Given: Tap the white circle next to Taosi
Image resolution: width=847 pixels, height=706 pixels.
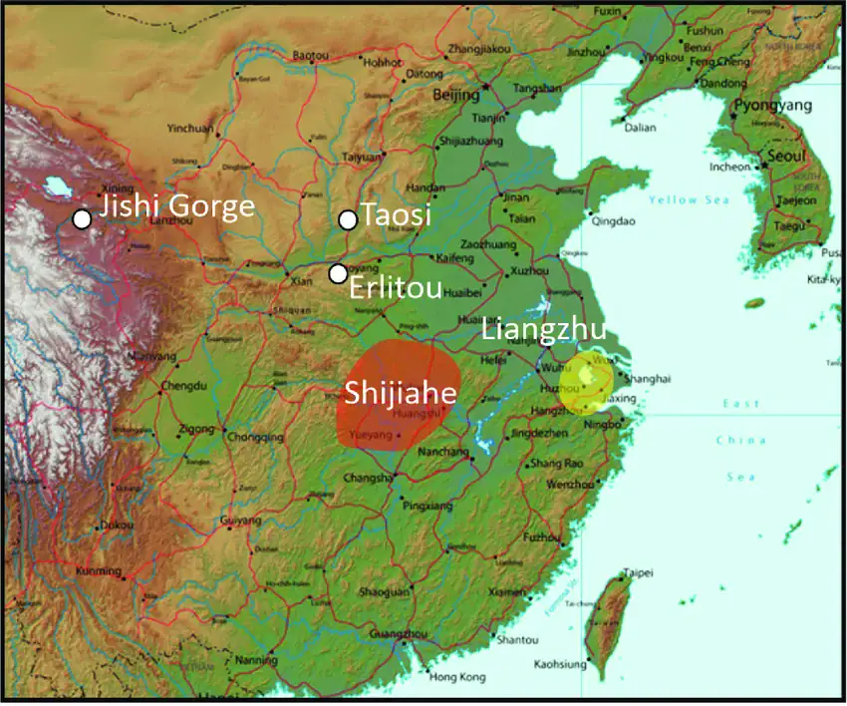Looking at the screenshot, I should click(x=347, y=219).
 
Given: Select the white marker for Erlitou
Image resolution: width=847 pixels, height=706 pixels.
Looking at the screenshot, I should click(x=339, y=273).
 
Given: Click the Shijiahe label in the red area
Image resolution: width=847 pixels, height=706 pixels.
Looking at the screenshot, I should click(x=401, y=393).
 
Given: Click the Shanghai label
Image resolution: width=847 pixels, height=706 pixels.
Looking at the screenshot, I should click(x=645, y=379).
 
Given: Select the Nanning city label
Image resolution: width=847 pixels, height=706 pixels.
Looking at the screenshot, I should click(x=257, y=660).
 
